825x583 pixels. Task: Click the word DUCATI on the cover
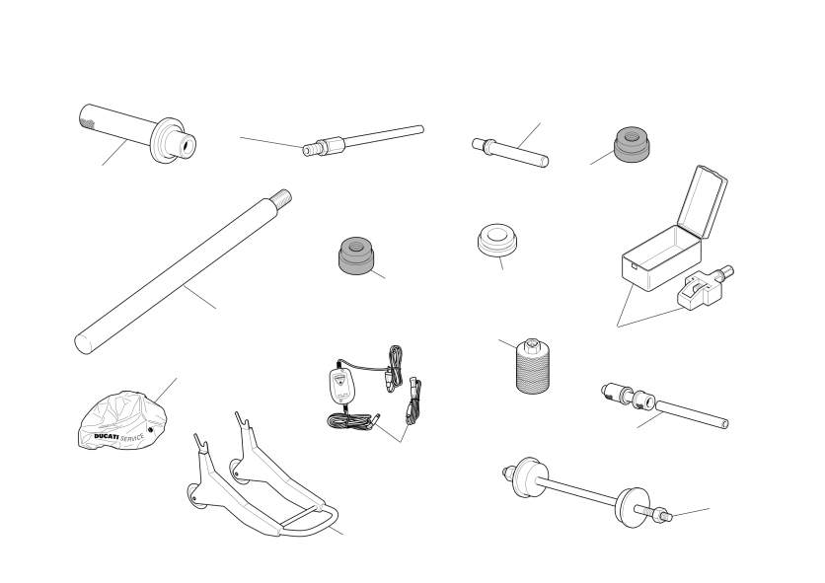pos(107,436)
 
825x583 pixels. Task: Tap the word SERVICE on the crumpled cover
pos(132,438)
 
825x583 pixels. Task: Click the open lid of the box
pos(703,202)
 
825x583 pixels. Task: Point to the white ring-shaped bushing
pos(497,240)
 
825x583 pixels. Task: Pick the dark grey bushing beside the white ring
pos(356,255)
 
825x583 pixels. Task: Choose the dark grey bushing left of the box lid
pos(632,144)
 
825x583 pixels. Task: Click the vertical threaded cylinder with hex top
pos(533,366)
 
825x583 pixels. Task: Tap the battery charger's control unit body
pos(339,384)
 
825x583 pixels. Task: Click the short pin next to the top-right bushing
pos(510,153)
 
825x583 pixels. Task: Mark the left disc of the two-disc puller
pos(527,477)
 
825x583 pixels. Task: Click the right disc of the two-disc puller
pos(633,508)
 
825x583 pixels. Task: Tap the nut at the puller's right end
pos(659,515)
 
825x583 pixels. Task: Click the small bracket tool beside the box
pos(705,288)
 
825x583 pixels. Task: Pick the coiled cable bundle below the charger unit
pos(350,420)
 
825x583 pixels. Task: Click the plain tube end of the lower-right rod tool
pos(692,414)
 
